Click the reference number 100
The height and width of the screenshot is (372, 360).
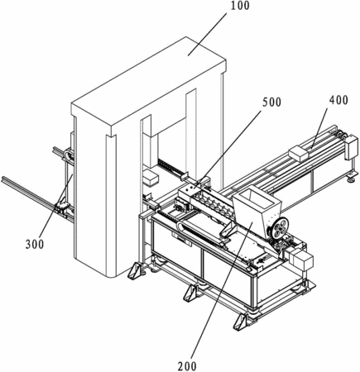click(x=240, y=6)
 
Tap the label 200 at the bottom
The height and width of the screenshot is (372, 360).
click(x=187, y=366)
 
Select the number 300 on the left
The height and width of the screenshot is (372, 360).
click(x=35, y=244)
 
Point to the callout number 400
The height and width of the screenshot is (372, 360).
click(x=338, y=100)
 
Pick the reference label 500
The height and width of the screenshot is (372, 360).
click(x=271, y=103)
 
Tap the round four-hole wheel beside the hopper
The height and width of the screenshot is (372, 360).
click(x=278, y=227)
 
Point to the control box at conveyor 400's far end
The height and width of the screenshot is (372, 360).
click(x=351, y=147)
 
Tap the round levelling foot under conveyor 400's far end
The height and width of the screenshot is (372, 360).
click(x=351, y=179)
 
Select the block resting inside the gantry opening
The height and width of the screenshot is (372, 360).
click(x=151, y=178)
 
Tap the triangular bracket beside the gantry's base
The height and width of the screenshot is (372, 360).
click(x=136, y=270)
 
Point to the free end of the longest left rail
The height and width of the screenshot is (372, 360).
click(x=2, y=179)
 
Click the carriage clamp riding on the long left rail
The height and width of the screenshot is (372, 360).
click(x=62, y=209)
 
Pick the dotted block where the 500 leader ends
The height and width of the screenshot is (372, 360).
click(x=188, y=192)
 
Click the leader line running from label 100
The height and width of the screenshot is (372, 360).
click(x=207, y=34)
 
